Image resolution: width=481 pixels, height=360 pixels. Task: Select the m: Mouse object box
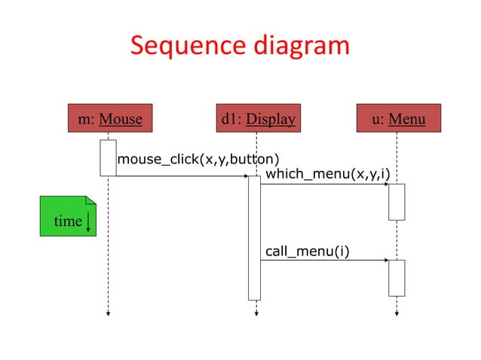tap(110, 118)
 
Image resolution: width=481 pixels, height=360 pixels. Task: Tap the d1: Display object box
tap(258, 118)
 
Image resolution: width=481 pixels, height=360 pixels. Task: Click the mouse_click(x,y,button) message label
tap(198, 159)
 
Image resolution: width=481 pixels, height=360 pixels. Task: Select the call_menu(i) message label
tap(307, 250)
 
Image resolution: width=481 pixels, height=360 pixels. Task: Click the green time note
tap(68, 216)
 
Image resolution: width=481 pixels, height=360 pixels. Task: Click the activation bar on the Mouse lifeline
tap(108, 157)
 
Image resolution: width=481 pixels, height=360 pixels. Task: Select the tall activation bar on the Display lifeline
tap(254, 237)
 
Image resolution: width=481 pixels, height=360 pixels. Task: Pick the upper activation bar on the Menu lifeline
tap(397, 202)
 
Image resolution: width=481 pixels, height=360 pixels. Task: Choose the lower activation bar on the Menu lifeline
tap(397, 278)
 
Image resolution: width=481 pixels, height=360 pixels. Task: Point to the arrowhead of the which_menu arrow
tap(386, 184)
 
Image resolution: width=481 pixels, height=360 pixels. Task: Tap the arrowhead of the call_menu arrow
tap(386, 260)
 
